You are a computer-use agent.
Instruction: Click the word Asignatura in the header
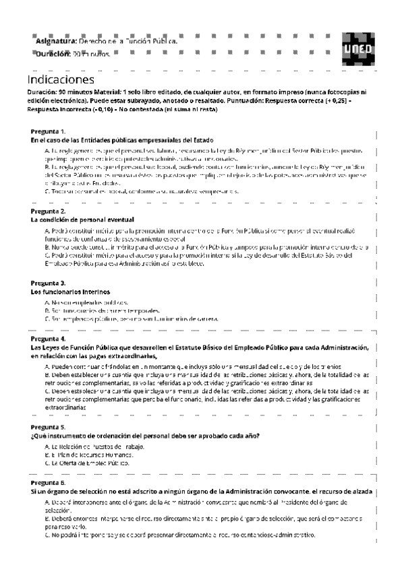coord(57,42)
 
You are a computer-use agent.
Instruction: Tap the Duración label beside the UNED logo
coord(53,53)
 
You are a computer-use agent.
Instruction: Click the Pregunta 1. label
coord(49,131)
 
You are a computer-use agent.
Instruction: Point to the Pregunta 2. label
coord(49,211)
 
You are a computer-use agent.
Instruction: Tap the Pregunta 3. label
coord(49,283)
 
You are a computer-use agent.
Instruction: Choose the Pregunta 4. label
coord(49,339)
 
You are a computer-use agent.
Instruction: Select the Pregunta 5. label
coord(49,427)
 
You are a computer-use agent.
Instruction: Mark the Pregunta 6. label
coord(49,483)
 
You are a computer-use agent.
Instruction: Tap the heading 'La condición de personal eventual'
coord(82,220)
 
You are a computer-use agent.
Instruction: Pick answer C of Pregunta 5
coord(88,463)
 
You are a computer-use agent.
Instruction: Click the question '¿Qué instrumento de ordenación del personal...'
coord(145,436)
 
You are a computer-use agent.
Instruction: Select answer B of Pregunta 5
coord(90,455)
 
